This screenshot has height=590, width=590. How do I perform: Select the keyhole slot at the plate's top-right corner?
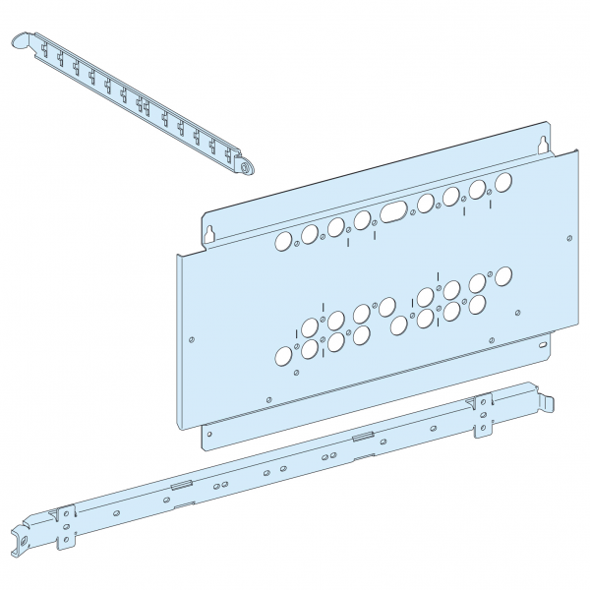[x=541, y=145]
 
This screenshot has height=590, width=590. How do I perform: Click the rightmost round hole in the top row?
[x=503, y=182]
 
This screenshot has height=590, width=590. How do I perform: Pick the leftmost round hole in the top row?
[x=283, y=241]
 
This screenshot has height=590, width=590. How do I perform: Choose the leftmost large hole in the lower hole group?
[x=283, y=356]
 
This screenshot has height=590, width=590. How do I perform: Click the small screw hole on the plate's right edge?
[x=568, y=237]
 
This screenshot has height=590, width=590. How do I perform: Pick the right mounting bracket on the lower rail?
[x=483, y=413]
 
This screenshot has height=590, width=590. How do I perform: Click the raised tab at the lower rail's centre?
[x=361, y=436]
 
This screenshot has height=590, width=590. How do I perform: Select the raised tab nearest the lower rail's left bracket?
[x=180, y=484]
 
